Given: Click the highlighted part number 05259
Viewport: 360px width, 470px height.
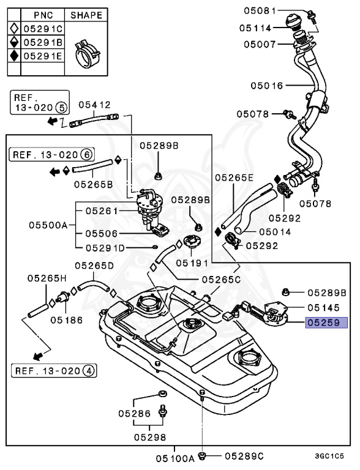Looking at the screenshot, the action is coord(326,323).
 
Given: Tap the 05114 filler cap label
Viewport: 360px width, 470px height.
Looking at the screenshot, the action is coord(255,28).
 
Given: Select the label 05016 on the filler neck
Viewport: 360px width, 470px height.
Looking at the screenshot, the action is coord(267,86).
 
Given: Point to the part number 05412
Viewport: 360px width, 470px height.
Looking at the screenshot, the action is coord(94,105).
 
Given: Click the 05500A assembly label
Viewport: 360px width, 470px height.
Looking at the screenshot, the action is coord(48,225).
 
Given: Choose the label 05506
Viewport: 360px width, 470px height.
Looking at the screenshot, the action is coord(102,233).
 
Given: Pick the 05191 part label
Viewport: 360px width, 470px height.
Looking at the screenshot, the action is coord(192,263).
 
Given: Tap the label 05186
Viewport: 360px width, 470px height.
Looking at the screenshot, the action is coord(67,320).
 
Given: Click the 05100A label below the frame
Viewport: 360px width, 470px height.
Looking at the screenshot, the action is coord(175,458).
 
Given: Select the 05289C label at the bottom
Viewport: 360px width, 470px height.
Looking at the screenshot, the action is coord(244,456).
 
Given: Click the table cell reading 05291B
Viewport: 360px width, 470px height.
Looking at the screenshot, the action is coord(43,43).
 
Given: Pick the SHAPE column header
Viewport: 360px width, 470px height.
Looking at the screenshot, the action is coord(86,15).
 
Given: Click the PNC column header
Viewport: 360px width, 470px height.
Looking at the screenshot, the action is coord(43,15).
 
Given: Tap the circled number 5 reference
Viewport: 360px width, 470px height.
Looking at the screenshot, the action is coord(61,107).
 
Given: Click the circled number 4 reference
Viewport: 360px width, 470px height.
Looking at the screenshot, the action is coord(89,371).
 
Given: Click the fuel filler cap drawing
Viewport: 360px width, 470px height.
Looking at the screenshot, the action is coord(294,22).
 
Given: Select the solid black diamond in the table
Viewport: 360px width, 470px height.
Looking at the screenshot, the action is coord(14,56).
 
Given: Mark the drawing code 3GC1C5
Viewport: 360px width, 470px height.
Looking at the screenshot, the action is coord(329,456).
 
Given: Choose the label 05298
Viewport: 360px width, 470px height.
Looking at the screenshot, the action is coord(150,438).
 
